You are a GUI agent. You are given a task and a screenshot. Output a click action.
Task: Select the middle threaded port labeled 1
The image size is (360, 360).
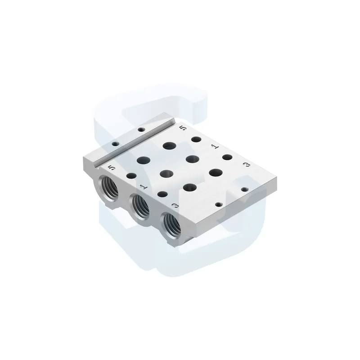point(140,206)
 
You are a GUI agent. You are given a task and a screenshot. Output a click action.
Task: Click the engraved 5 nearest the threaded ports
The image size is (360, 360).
point(111,167)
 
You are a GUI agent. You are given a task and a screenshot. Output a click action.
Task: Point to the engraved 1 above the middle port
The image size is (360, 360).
point(143,185)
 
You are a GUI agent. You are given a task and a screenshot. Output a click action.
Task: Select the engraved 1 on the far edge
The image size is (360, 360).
point(215,146)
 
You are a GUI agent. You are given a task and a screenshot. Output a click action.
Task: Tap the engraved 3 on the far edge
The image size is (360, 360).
point(246,165)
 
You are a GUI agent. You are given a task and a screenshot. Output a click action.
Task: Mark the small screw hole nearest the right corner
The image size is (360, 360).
point(245,189)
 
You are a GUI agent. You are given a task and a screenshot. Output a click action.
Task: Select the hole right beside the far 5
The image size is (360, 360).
point(196,139)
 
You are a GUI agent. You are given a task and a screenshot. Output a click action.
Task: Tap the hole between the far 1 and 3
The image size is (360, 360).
point(227,157)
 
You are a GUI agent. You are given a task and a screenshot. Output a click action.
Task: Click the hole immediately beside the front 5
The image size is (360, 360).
point(131,176)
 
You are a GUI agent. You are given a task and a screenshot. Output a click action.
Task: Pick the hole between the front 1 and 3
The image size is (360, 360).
point(162,194)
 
